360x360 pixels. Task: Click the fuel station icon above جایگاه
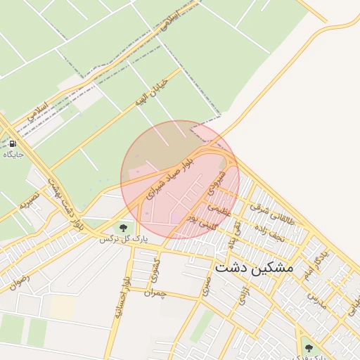click(13, 143)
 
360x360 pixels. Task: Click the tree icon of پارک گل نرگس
click(123, 227)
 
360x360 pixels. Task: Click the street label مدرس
click(316, 298)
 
